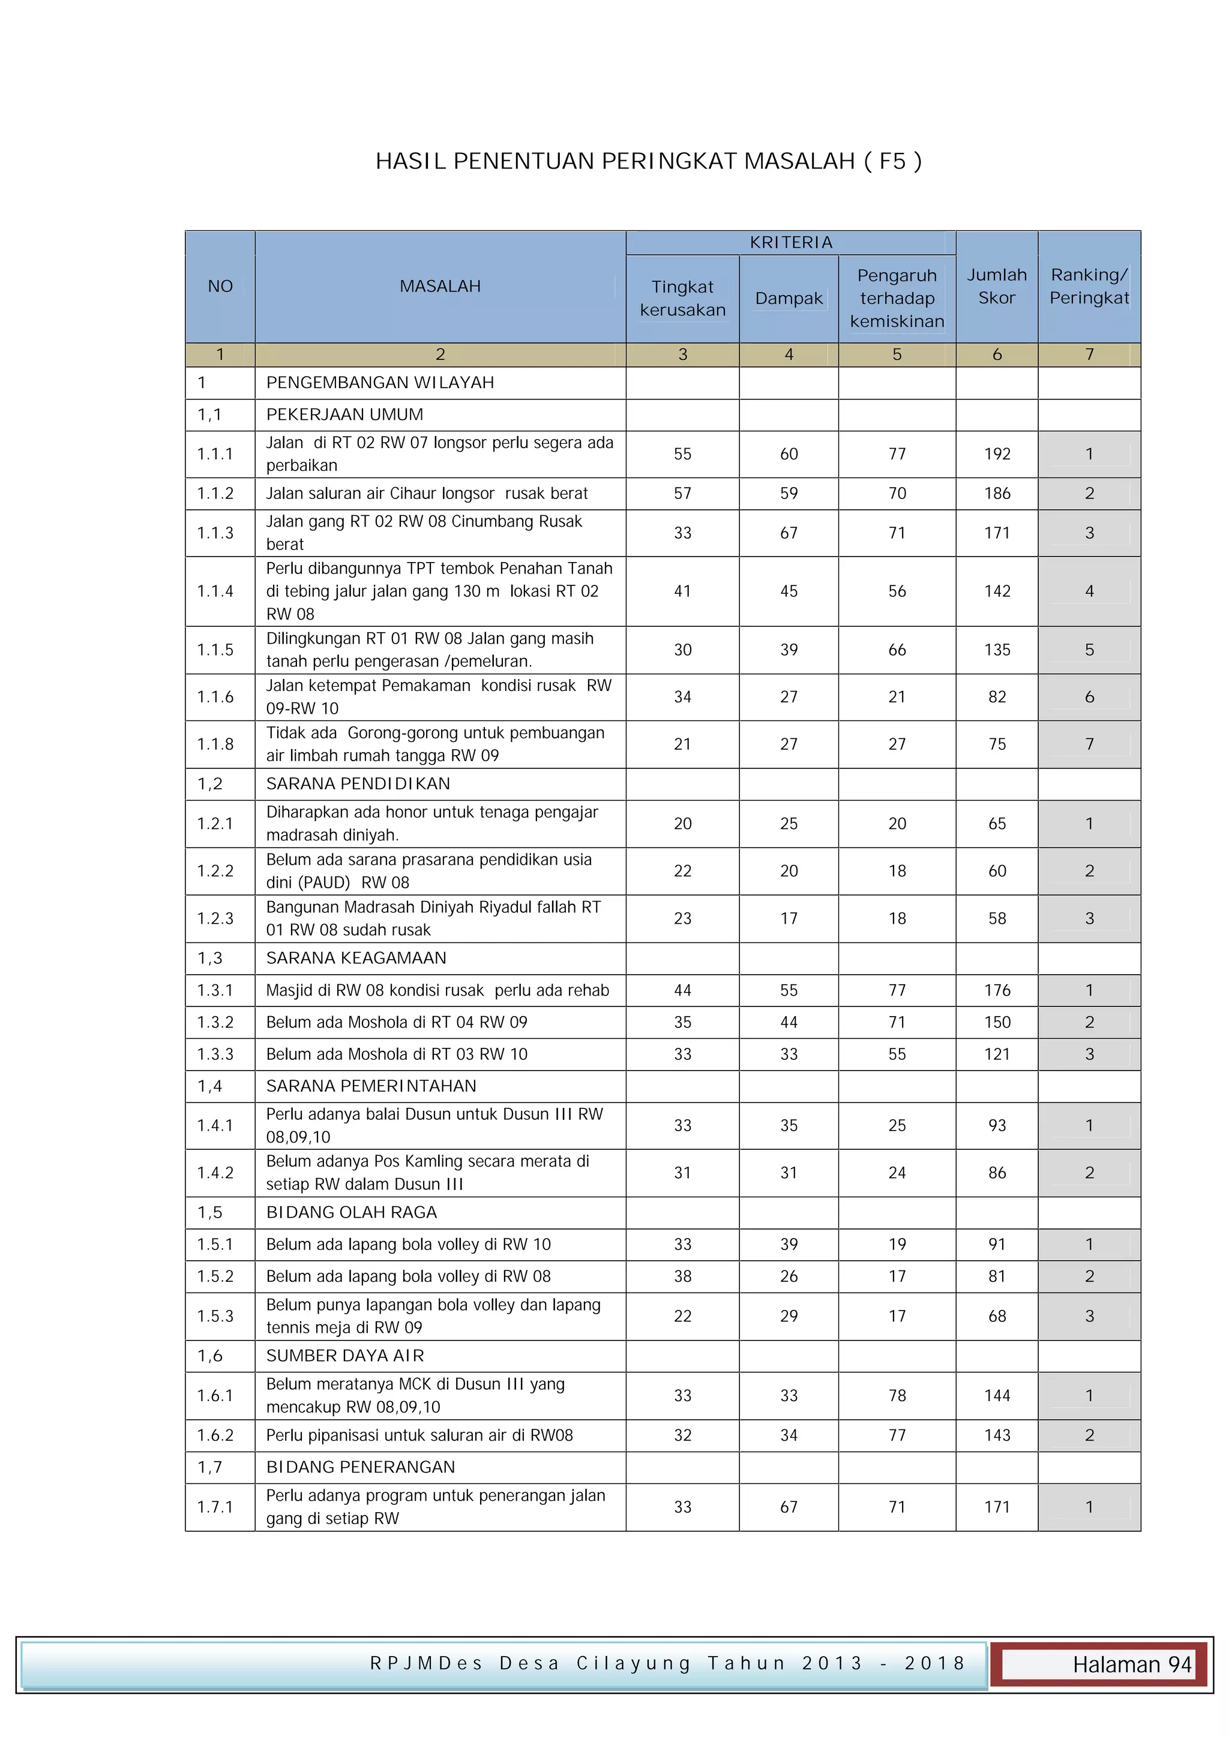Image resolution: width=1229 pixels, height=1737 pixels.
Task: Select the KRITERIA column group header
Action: (x=790, y=242)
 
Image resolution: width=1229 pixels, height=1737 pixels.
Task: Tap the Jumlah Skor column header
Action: (x=996, y=286)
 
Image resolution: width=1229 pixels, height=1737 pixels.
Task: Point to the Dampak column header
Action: (x=788, y=298)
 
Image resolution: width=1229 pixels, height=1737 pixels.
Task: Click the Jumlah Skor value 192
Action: (x=997, y=454)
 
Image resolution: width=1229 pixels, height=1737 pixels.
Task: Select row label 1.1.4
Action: (x=215, y=591)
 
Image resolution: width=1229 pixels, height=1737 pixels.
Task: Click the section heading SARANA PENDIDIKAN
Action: (x=357, y=784)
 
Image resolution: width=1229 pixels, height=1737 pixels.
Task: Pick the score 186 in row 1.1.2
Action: (x=997, y=493)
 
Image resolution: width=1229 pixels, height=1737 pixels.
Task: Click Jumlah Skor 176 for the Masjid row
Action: (x=997, y=990)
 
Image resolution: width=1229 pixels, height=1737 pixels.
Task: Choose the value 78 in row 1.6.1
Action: (x=897, y=1395)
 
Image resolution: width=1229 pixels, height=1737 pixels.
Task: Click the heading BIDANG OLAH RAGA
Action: (x=351, y=1212)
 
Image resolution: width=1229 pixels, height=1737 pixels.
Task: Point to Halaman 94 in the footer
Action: (x=1131, y=1664)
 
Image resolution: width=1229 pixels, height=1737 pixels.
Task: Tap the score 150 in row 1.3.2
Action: (x=997, y=1022)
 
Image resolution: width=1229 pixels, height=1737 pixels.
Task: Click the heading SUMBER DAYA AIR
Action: (x=344, y=1355)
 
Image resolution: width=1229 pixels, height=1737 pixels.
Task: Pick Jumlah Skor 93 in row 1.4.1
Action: (x=997, y=1125)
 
